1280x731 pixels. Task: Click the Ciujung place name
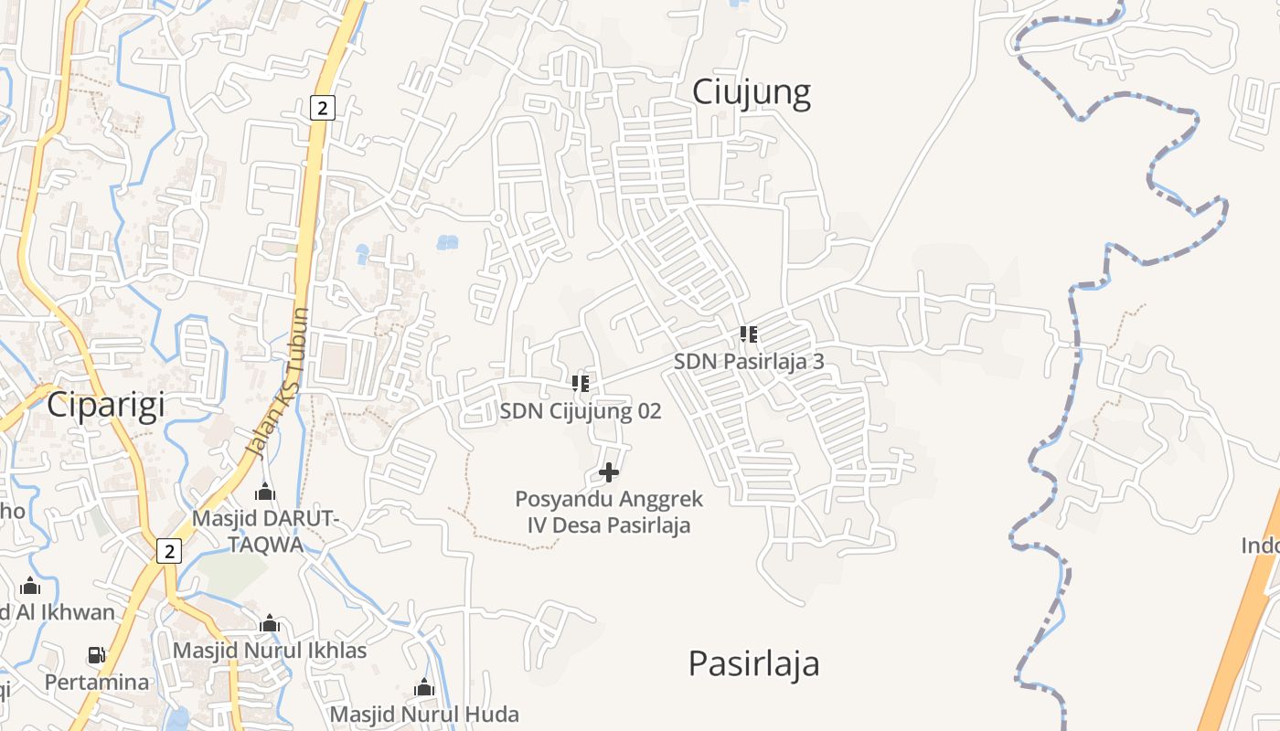pos(751,93)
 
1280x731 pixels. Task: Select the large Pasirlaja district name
pos(753,663)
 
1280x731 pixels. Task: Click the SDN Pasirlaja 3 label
pos(749,361)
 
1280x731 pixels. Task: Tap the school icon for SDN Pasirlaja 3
pos(749,334)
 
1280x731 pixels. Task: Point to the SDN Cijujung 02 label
pos(580,411)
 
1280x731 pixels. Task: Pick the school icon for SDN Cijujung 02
pos(581,384)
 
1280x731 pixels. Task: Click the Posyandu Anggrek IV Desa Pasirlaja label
pos(609,512)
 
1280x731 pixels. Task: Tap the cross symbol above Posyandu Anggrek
pos(609,472)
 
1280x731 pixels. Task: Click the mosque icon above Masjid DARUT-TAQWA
pos(265,493)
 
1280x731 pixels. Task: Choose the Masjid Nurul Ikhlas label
pos(270,651)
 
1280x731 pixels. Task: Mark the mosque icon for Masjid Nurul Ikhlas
pos(270,624)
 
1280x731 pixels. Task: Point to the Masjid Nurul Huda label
pos(424,714)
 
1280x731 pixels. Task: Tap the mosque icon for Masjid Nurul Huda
pos(424,687)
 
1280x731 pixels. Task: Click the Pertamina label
pos(97,682)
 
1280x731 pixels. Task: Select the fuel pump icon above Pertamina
pos(96,655)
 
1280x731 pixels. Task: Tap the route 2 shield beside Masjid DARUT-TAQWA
pos(169,551)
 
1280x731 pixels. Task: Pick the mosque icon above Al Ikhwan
pos(30,586)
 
